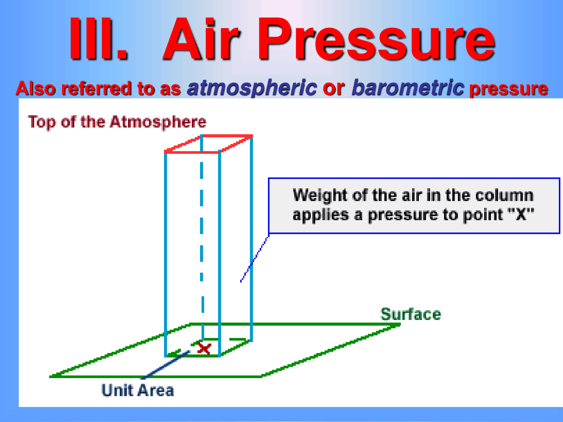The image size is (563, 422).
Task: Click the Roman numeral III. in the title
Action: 98,40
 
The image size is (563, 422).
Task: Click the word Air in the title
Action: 201,40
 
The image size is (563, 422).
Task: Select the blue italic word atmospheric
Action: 252,88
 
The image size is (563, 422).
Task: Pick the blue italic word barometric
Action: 408,88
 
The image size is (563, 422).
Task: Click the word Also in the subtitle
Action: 36,89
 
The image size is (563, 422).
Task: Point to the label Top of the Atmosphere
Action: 117,122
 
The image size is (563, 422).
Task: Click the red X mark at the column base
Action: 204,349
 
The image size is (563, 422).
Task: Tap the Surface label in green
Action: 410,314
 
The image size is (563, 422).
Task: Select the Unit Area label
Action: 138,390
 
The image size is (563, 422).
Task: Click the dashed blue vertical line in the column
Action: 201,246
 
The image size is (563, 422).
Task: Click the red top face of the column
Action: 208,144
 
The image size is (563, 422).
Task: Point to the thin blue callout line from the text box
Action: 254,259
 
